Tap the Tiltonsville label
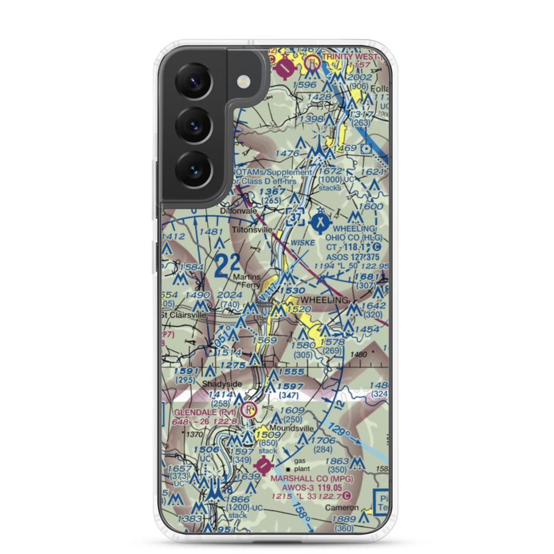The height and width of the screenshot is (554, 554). tap(252, 229)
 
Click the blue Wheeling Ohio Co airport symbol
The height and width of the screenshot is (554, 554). tap(320, 223)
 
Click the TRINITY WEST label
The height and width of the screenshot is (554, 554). tap(355, 57)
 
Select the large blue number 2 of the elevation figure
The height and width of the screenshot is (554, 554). tap(222, 265)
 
